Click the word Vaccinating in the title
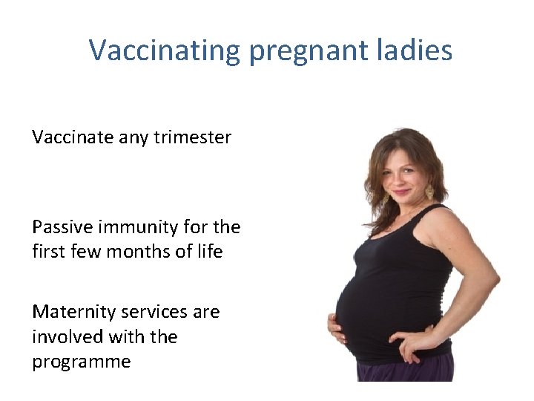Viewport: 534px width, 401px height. (x=165, y=50)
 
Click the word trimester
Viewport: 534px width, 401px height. (x=193, y=137)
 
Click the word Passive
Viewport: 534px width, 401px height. (x=63, y=226)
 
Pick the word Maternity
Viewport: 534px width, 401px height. (x=73, y=312)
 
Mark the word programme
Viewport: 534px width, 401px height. (x=82, y=362)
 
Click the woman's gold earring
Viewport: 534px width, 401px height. (x=429, y=192)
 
